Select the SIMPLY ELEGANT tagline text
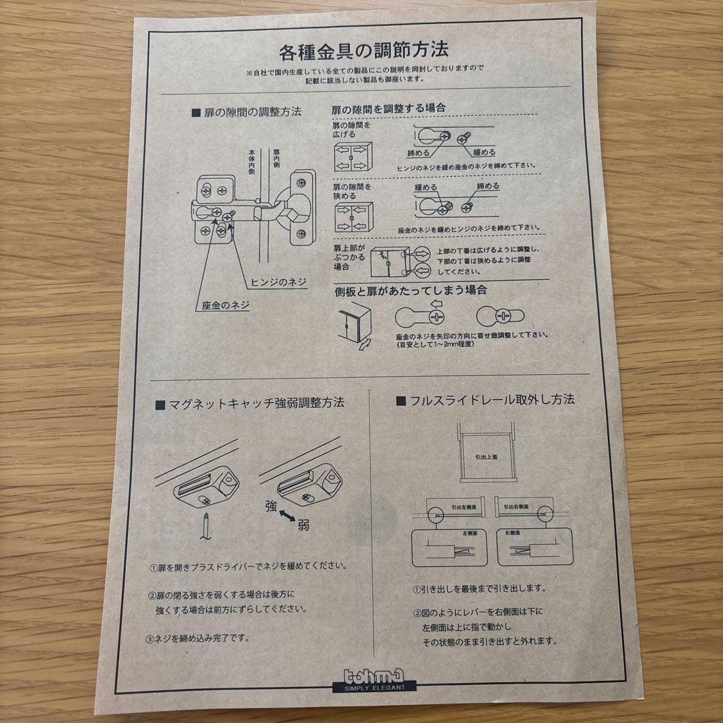coord(374,687)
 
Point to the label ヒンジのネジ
coord(278,282)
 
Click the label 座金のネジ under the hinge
coord(226,305)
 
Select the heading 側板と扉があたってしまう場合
coord(410,291)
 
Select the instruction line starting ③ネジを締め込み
coord(198,638)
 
